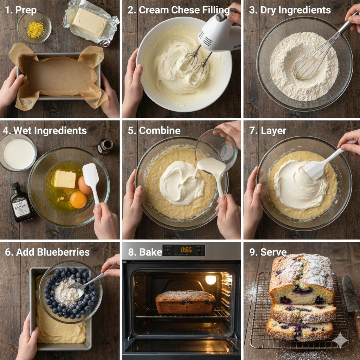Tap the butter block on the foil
pos(89,22)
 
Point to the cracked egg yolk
pos(78,200)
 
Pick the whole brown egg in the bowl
pos(85,185)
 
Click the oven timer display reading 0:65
pos(186,250)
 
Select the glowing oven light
pos(211,279)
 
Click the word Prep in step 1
pos(26,10)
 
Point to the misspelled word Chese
pos(189,10)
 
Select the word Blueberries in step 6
pos(66,252)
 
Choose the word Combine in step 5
pos(160,131)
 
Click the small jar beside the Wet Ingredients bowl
pos(105,146)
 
